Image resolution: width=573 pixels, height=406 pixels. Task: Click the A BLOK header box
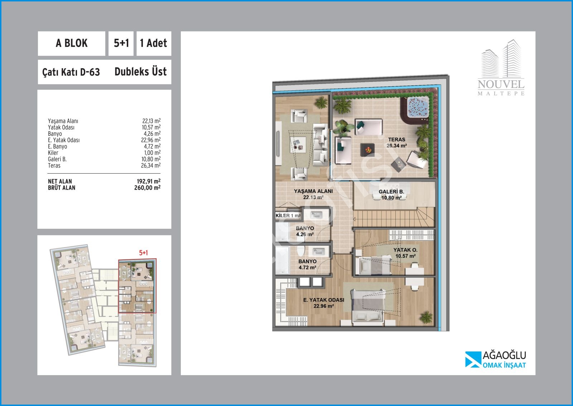(x=71, y=43)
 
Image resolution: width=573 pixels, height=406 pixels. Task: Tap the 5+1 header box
(x=121, y=43)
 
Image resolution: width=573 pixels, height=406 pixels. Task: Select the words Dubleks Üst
(x=140, y=72)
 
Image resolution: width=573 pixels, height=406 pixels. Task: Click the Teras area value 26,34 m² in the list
(x=151, y=165)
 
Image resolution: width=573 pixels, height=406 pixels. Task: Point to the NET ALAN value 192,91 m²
(x=149, y=181)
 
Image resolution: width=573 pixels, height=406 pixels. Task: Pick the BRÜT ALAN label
(x=62, y=188)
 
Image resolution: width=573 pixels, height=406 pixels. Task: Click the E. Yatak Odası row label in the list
(x=64, y=140)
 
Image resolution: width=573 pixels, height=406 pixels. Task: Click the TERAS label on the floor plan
(x=396, y=140)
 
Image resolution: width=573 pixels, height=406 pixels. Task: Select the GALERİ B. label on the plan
(x=391, y=192)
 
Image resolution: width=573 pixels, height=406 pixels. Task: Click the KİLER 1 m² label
(x=288, y=216)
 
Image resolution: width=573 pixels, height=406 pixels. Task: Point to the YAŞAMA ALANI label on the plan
(x=313, y=191)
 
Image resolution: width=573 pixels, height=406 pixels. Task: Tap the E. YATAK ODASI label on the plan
(x=324, y=300)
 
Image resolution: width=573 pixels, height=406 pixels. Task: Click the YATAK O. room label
(x=405, y=250)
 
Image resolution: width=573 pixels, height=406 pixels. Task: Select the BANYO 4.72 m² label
(x=308, y=264)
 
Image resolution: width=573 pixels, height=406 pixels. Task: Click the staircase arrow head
(x=355, y=219)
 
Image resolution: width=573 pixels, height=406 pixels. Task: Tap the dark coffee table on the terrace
(x=367, y=150)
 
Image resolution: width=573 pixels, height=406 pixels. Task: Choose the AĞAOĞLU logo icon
(x=472, y=359)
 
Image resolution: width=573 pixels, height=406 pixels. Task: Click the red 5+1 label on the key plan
(x=144, y=253)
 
